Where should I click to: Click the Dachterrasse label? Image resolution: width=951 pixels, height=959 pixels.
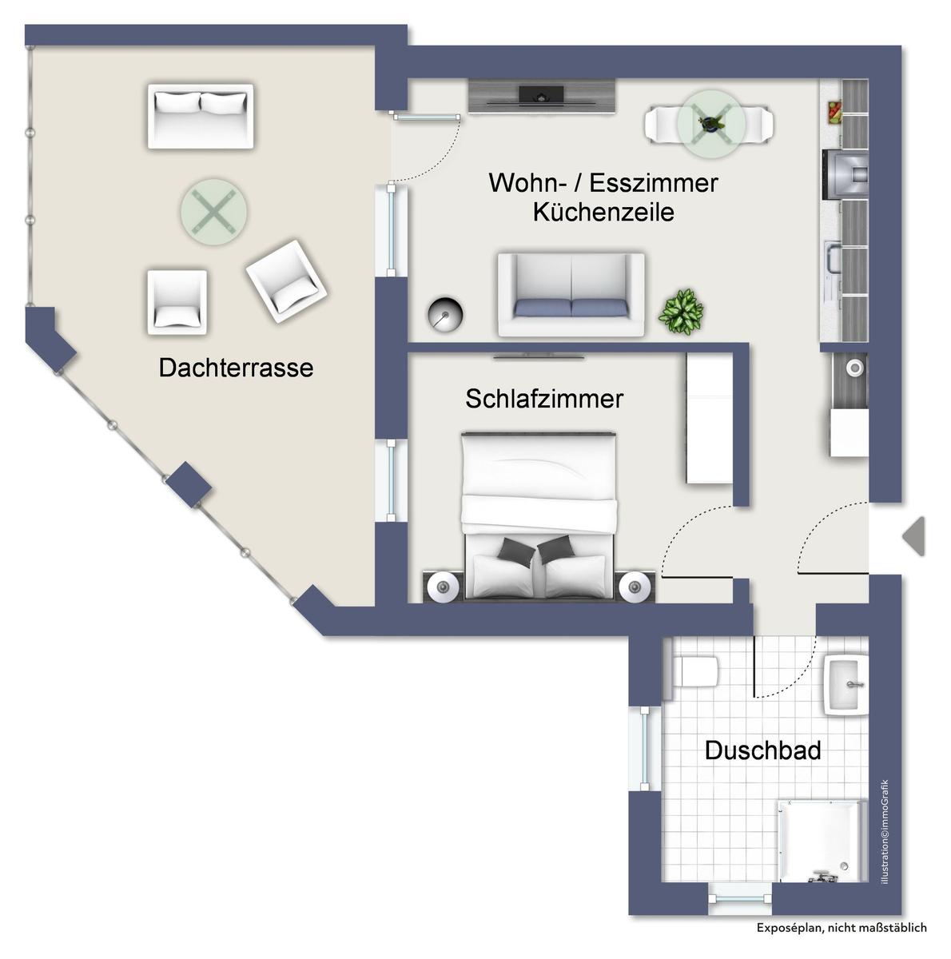[x=236, y=368]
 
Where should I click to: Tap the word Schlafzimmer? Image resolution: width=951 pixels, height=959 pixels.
[x=543, y=399]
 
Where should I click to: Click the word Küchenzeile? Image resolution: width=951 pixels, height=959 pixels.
[x=603, y=212]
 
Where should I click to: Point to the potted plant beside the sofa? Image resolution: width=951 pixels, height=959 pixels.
[x=681, y=312]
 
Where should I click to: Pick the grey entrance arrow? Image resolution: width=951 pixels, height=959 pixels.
[x=913, y=536]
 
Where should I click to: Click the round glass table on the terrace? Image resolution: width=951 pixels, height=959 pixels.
[x=214, y=212]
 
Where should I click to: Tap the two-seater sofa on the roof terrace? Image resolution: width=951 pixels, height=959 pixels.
[x=200, y=117]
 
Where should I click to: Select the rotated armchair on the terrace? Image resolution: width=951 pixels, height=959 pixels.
[x=286, y=281]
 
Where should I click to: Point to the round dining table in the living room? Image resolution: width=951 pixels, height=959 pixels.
[x=711, y=124]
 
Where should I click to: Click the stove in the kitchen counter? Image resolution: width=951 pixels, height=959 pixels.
[x=845, y=173]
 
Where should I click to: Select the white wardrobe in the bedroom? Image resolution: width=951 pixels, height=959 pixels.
[x=710, y=417]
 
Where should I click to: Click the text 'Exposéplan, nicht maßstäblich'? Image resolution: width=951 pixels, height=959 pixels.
[x=842, y=928]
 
